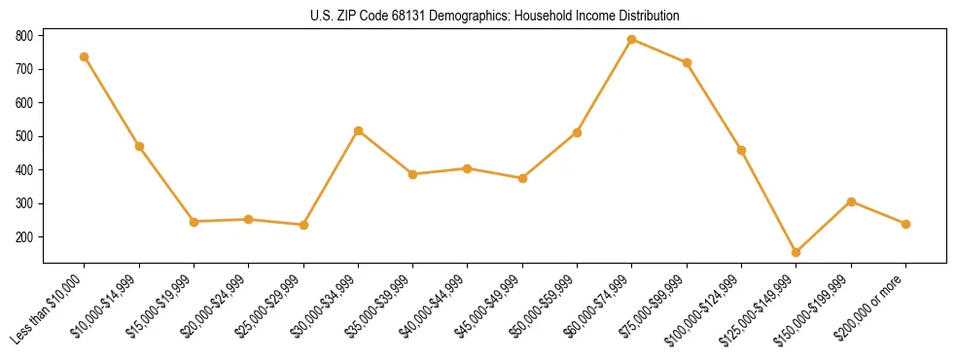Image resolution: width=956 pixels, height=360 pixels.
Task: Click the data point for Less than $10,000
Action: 85,56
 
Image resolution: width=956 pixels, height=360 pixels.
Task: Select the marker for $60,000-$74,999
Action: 632,40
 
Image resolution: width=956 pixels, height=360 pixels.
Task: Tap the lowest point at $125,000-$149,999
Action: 797,252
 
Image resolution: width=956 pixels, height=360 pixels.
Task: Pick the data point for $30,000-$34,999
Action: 359,130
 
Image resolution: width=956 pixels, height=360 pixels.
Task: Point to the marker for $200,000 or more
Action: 905,224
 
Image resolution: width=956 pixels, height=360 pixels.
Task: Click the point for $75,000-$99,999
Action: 687,62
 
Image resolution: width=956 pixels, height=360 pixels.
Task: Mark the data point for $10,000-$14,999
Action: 139,146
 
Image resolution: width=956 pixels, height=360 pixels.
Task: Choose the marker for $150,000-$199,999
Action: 851,201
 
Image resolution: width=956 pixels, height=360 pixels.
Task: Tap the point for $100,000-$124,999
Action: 742,150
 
